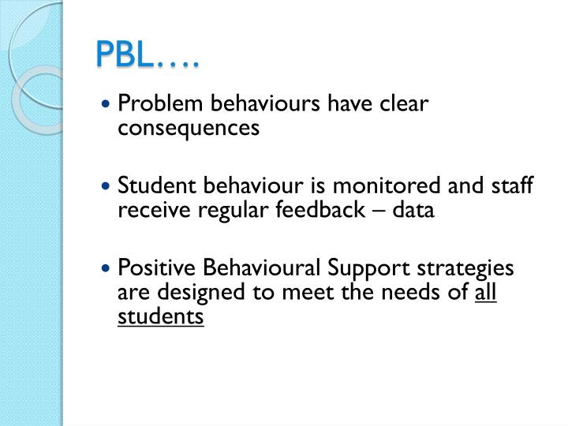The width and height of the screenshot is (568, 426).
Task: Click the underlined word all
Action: [486, 293]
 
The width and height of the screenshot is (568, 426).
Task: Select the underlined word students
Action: [161, 317]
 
